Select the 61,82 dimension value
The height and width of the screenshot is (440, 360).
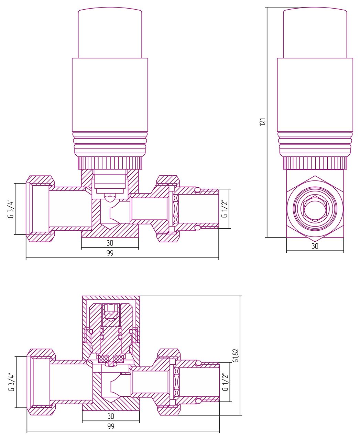[236, 355]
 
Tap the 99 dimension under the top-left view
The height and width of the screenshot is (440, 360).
[110, 253]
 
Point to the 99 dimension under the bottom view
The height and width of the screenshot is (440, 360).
[111, 426]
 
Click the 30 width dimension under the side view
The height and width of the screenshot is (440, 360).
[315, 246]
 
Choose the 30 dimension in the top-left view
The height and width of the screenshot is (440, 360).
[110, 243]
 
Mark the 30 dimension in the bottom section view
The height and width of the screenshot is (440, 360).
[111, 416]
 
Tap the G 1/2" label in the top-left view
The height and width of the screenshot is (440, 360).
[225, 209]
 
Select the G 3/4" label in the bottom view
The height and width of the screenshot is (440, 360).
[11, 382]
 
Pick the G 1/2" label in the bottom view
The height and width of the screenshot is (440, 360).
[226, 382]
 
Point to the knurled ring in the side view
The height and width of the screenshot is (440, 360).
[315, 163]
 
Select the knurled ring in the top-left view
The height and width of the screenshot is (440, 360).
[110, 163]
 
